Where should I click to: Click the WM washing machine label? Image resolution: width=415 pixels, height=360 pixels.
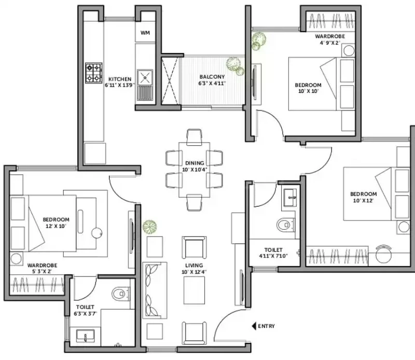point(145,33)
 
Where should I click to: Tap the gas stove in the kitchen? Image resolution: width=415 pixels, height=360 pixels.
point(94,73)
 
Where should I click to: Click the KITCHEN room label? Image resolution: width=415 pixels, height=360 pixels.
point(120,79)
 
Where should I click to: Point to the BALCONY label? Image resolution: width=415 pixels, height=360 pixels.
point(212,77)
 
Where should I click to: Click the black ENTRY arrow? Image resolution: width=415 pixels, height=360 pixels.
point(254,326)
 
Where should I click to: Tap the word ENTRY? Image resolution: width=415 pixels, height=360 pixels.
point(266,326)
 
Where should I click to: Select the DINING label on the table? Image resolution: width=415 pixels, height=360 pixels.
point(195,163)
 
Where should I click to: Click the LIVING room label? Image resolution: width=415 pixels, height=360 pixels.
point(194,265)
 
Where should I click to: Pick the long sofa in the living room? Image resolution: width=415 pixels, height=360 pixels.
point(155,290)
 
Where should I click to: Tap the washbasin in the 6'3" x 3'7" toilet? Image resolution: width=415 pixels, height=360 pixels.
point(85,336)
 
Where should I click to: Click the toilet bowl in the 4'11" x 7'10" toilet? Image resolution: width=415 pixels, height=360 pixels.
point(285,225)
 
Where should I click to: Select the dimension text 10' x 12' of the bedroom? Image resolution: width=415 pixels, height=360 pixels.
point(363,200)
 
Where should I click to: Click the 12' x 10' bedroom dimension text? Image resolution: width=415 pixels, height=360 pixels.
point(56,226)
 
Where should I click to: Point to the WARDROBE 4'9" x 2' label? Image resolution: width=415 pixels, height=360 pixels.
point(330,39)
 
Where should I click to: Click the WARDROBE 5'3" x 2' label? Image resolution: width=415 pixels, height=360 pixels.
point(43,268)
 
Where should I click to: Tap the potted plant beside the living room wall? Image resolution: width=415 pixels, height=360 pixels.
point(149,227)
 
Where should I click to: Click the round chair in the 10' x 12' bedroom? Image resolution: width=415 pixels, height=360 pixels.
point(383,254)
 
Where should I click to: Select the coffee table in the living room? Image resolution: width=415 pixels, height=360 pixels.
point(194,290)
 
